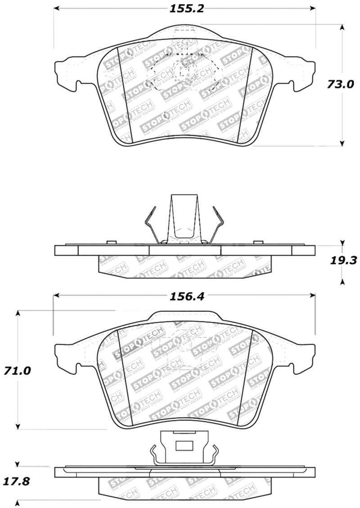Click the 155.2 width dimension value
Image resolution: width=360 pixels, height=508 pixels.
(x=185, y=9)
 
